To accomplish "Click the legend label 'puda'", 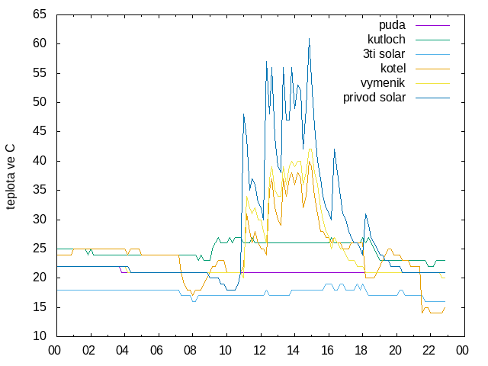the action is point(392,25).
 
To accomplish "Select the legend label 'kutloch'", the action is point(387,40).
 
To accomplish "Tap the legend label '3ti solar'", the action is point(384,54).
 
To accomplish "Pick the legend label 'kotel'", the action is point(393,69).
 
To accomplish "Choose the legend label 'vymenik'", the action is point(383,83).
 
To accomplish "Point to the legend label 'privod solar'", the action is point(374,98).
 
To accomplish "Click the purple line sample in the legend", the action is point(432,25).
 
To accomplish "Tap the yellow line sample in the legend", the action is point(432,83).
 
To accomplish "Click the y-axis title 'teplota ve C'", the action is point(10,177).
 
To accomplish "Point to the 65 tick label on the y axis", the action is point(40,14).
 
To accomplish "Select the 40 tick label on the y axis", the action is point(40,161).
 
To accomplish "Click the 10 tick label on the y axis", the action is point(40,336).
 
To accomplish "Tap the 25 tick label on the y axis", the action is point(40,249).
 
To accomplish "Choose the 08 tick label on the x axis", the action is point(190,351).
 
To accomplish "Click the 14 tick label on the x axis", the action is point(293,351).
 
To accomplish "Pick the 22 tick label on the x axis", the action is point(429,351).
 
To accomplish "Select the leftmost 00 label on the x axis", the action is point(54,351).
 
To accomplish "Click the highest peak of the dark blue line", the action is point(309,38).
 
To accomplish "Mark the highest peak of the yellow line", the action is point(310,149).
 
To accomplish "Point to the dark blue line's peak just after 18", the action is point(366,213).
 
